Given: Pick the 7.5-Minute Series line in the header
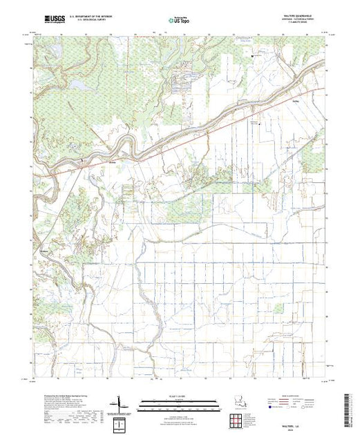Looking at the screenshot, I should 299,24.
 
